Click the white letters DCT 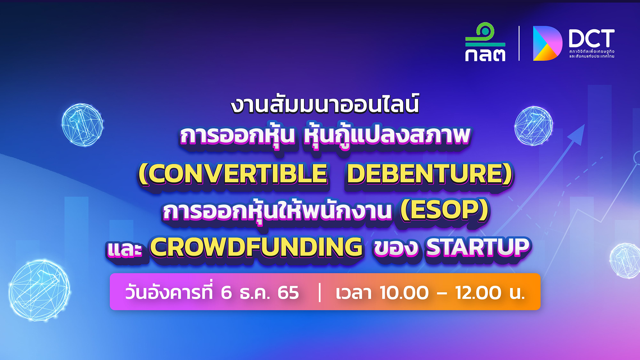click(591, 38)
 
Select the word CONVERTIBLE click(233, 174)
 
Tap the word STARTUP click(478, 247)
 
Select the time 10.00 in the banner click(404, 293)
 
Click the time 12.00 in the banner click(478, 293)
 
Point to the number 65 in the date click(288, 293)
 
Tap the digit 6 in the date click(226, 293)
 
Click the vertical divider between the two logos click(519, 43)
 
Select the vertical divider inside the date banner click(320, 292)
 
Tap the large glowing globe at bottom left click(39, 290)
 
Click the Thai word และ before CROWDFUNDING click(124, 249)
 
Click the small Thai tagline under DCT click(592, 54)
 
